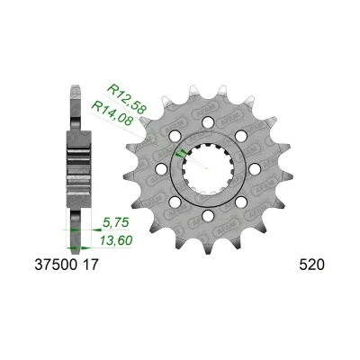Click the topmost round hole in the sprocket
pos(207,121)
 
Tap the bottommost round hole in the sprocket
pos(207,215)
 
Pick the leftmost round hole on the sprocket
pos(160,168)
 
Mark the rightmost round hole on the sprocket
pos(254,168)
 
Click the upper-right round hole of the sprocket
pos(240,135)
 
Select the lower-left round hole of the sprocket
pos(174,202)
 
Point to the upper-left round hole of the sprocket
pos(174,135)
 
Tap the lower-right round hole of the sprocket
pos(240,202)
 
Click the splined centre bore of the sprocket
pos(207,169)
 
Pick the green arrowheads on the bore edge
pos(183,154)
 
